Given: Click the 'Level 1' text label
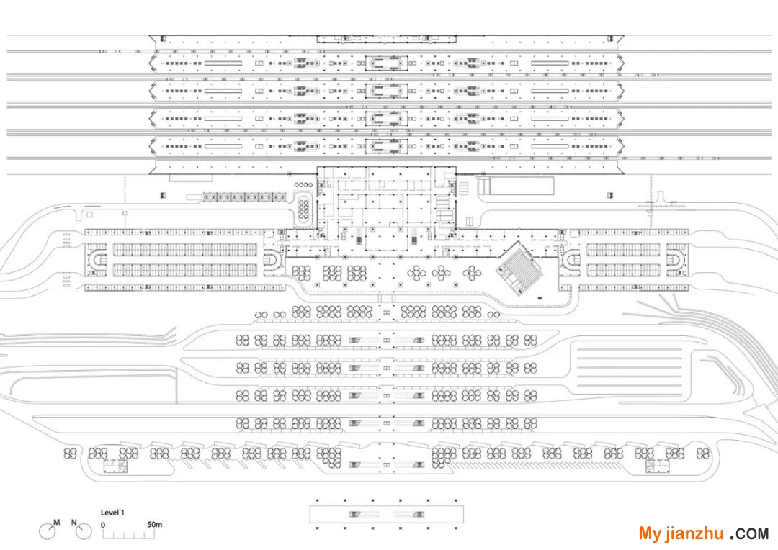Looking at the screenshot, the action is coord(112,513).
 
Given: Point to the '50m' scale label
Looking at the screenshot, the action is coord(154,524).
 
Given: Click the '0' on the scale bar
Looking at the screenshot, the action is coord(103,525).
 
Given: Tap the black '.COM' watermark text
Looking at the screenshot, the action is coord(749,533).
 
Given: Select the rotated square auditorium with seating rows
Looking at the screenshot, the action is coord(519,268).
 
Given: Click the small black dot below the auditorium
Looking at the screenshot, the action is coord(540,298).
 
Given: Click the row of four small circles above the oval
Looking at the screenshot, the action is coord(304,185).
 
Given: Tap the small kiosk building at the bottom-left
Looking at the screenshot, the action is coord(115,466).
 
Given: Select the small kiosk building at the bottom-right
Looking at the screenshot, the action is coord(658,466).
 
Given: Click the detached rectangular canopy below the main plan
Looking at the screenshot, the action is coord(387,514).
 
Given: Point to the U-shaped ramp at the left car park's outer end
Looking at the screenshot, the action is coord(97,259).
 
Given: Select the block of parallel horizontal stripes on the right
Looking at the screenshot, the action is coord(630,367).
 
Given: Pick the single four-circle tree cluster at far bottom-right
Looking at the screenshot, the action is coord(702,454).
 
